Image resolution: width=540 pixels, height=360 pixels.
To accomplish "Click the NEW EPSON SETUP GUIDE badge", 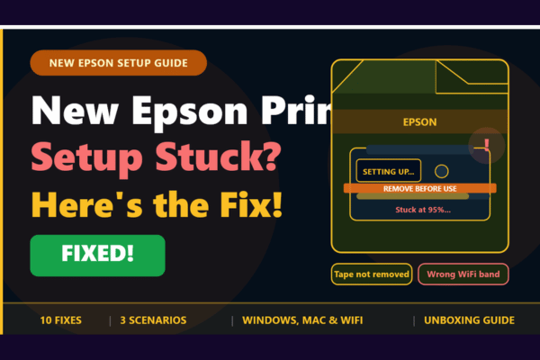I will (118, 63).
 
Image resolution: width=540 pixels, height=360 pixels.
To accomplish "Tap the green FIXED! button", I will (97, 255).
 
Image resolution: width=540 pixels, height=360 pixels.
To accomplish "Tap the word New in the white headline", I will (74, 112).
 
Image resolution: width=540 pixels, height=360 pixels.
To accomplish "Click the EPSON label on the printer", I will (419, 121).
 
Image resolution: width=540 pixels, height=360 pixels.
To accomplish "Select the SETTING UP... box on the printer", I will (388, 171).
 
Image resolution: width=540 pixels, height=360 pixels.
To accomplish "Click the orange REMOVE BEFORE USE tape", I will (419, 189).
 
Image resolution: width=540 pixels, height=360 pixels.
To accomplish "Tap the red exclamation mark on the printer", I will (487, 144).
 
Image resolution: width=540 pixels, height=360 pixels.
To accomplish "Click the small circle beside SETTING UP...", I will (441, 171).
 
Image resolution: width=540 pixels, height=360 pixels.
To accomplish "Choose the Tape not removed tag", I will (372, 274).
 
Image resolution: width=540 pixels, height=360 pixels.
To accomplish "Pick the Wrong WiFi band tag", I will (463, 274).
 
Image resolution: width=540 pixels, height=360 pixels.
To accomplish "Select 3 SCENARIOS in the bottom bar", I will (153, 320).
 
